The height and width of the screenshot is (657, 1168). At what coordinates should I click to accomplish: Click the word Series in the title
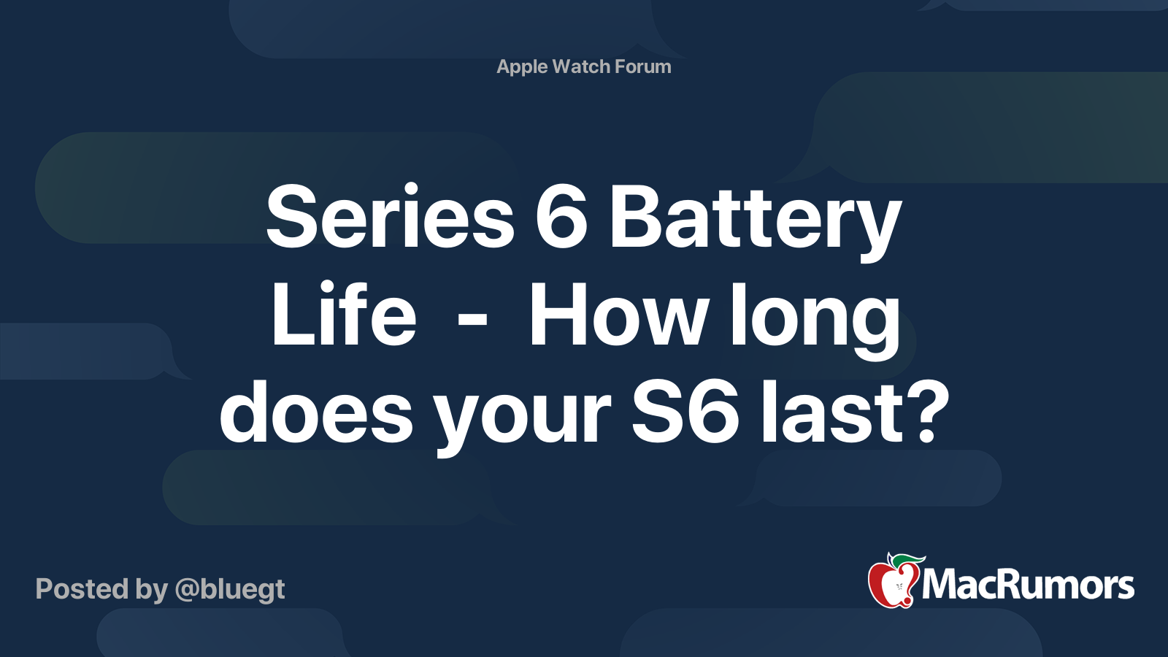pyautogui.click(x=390, y=215)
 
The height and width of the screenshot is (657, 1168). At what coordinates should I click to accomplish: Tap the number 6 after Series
pyautogui.click(x=561, y=217)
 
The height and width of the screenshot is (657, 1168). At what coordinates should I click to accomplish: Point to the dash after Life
pyautogui.click(x=472, y=321)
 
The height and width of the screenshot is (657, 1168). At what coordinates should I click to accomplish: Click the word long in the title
pyautogui.click(x=815, y=320)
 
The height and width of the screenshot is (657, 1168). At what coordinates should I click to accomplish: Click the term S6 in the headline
pyautogui.click(x=685, y=412)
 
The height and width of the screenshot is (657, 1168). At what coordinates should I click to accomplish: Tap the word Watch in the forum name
pyautogui.click(x=581, y=66)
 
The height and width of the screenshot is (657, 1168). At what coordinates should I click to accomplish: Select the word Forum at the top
pyautogui.click(x=643, y=66)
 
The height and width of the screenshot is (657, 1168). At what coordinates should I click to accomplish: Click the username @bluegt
pyautogui.click(x=230, y=590)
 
